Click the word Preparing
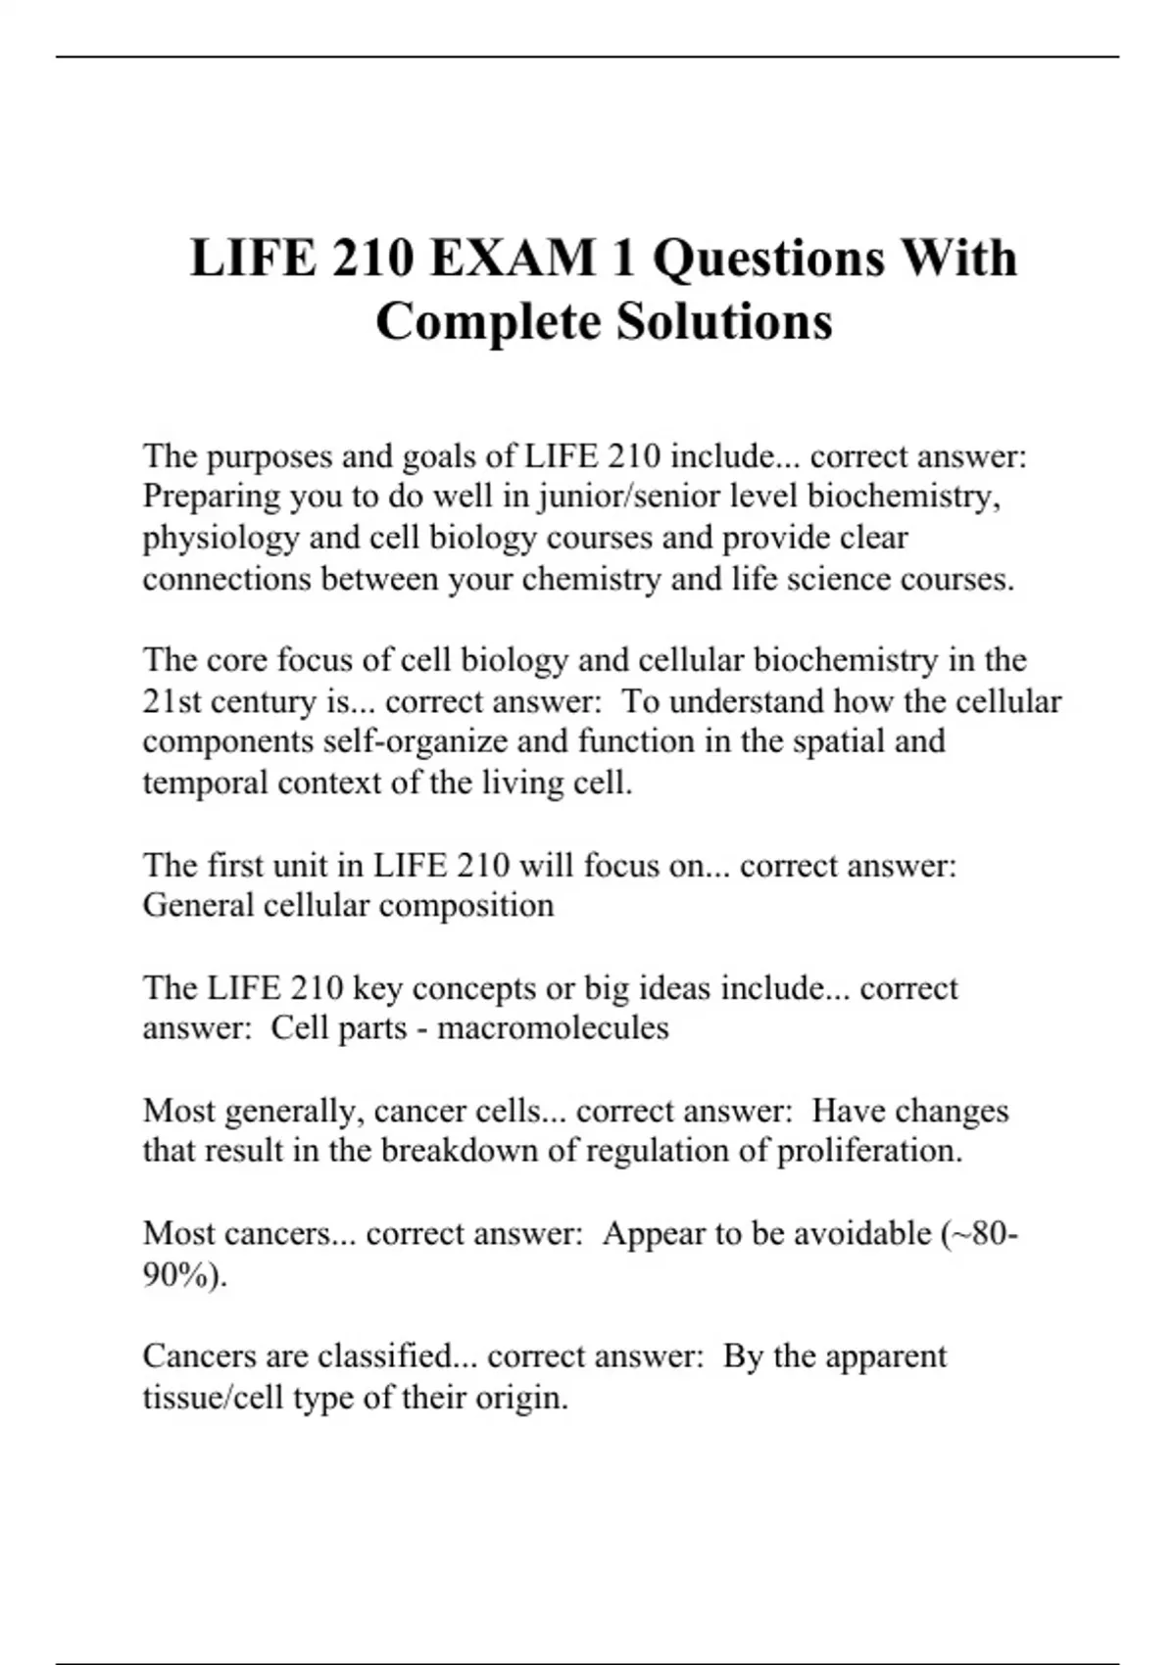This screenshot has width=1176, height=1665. [x=212, y=498]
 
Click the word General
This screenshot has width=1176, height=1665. [x=198, y=905]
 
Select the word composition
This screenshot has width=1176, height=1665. [x=466, y=905]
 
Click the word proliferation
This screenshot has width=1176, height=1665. [x=869, y=1150]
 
